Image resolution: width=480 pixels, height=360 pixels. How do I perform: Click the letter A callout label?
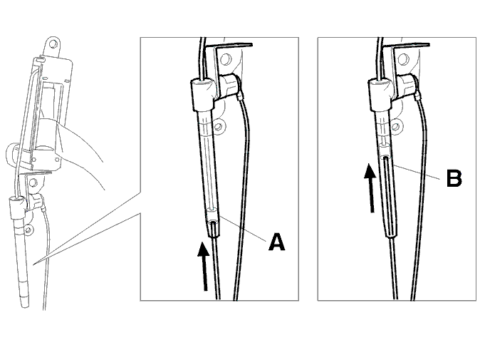tap(277, 242)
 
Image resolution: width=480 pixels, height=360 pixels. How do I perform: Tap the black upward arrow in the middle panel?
tap(204, 266)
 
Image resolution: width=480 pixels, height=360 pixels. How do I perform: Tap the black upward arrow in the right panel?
tap(370, 187)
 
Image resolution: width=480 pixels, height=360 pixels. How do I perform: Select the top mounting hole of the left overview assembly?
tap(53, 43)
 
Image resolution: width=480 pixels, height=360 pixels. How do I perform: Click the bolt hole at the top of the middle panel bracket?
tap(226, 58)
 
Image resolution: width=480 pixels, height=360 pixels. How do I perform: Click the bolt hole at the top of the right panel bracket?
tap(404, 59)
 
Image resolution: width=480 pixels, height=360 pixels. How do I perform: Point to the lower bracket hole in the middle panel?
tap(219, 126)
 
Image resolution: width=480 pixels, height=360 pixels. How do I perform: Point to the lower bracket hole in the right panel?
tap(395, 126)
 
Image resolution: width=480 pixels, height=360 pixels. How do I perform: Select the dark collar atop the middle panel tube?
tap(203, 94)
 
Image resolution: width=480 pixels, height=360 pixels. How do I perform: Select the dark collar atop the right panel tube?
tap(380, 94)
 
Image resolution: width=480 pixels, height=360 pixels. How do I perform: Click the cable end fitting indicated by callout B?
tap(385, 153)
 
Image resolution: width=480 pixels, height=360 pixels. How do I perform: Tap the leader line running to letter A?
tap(242, 228)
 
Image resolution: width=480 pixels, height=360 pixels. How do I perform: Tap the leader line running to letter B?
tap(417, 173)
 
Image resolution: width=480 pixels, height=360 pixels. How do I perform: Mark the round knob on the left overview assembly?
tap(12, 154)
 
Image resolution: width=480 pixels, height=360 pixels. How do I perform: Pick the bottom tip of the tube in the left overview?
tap(25, 305)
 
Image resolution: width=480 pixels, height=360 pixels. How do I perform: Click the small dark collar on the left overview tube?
tap(17, 207)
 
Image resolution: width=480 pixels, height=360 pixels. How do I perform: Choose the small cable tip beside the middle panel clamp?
tap(241, 97)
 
